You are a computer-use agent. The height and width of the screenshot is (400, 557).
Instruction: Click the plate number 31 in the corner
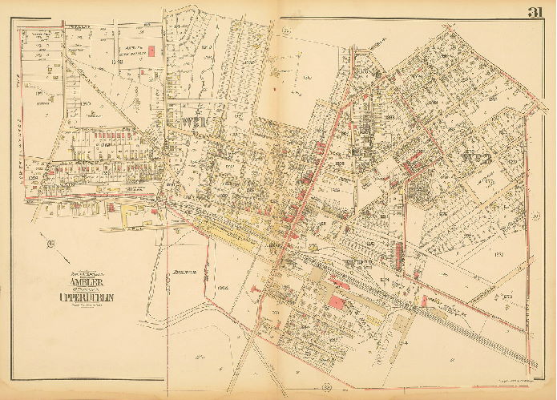click(x=537, y=11)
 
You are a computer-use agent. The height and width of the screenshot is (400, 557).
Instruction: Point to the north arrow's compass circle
click(x=50, y=244)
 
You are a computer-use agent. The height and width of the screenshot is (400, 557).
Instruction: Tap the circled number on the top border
click(x=286, y=31)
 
